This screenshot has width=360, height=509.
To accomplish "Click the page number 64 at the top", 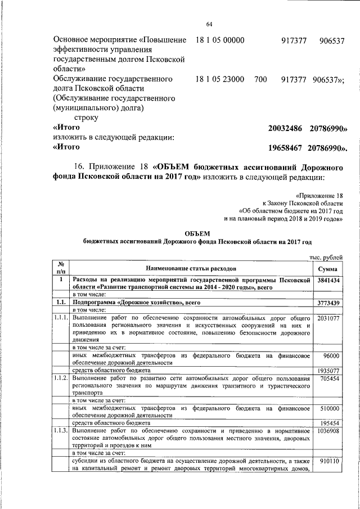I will tap(209, 24).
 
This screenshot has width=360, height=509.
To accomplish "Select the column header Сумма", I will tap(327, 269).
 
